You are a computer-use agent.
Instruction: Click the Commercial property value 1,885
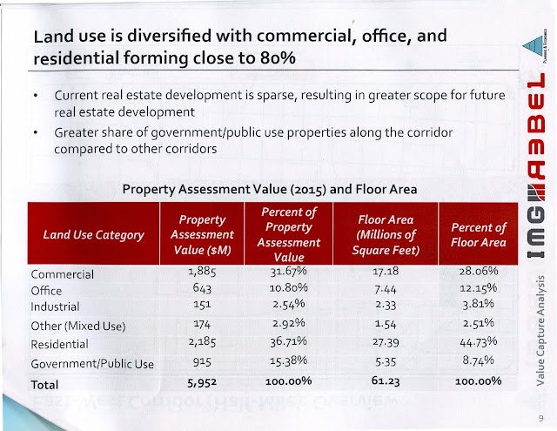[x=202, y=272]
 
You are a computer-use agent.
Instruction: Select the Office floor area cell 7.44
[x=386, y=290]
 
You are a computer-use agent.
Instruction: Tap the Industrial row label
[x=55, y=306]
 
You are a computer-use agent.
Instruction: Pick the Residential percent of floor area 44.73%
[x=478, y=342]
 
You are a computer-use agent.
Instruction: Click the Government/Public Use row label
[x=92, y=364]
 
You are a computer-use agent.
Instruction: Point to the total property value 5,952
[x=202, y=383]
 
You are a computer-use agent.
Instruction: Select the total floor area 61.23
[x=386, y=380]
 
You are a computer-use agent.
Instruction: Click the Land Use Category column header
[x=94, y=235]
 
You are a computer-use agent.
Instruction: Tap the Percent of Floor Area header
[x=479, y=235]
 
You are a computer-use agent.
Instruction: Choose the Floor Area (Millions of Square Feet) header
[x=386, y=235]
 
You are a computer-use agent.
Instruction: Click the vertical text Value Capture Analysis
[x=540, y=331]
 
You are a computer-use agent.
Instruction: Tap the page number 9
[x=540, y=418]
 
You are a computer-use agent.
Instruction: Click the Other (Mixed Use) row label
[x=78, y=327]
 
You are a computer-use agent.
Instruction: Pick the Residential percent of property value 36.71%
[x=288, y=342]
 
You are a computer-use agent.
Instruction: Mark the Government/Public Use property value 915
[x=202, y=362]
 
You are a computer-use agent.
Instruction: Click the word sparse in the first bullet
[x=277, y=96]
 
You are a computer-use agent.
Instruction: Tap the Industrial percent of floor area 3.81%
[x=478, y=304]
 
